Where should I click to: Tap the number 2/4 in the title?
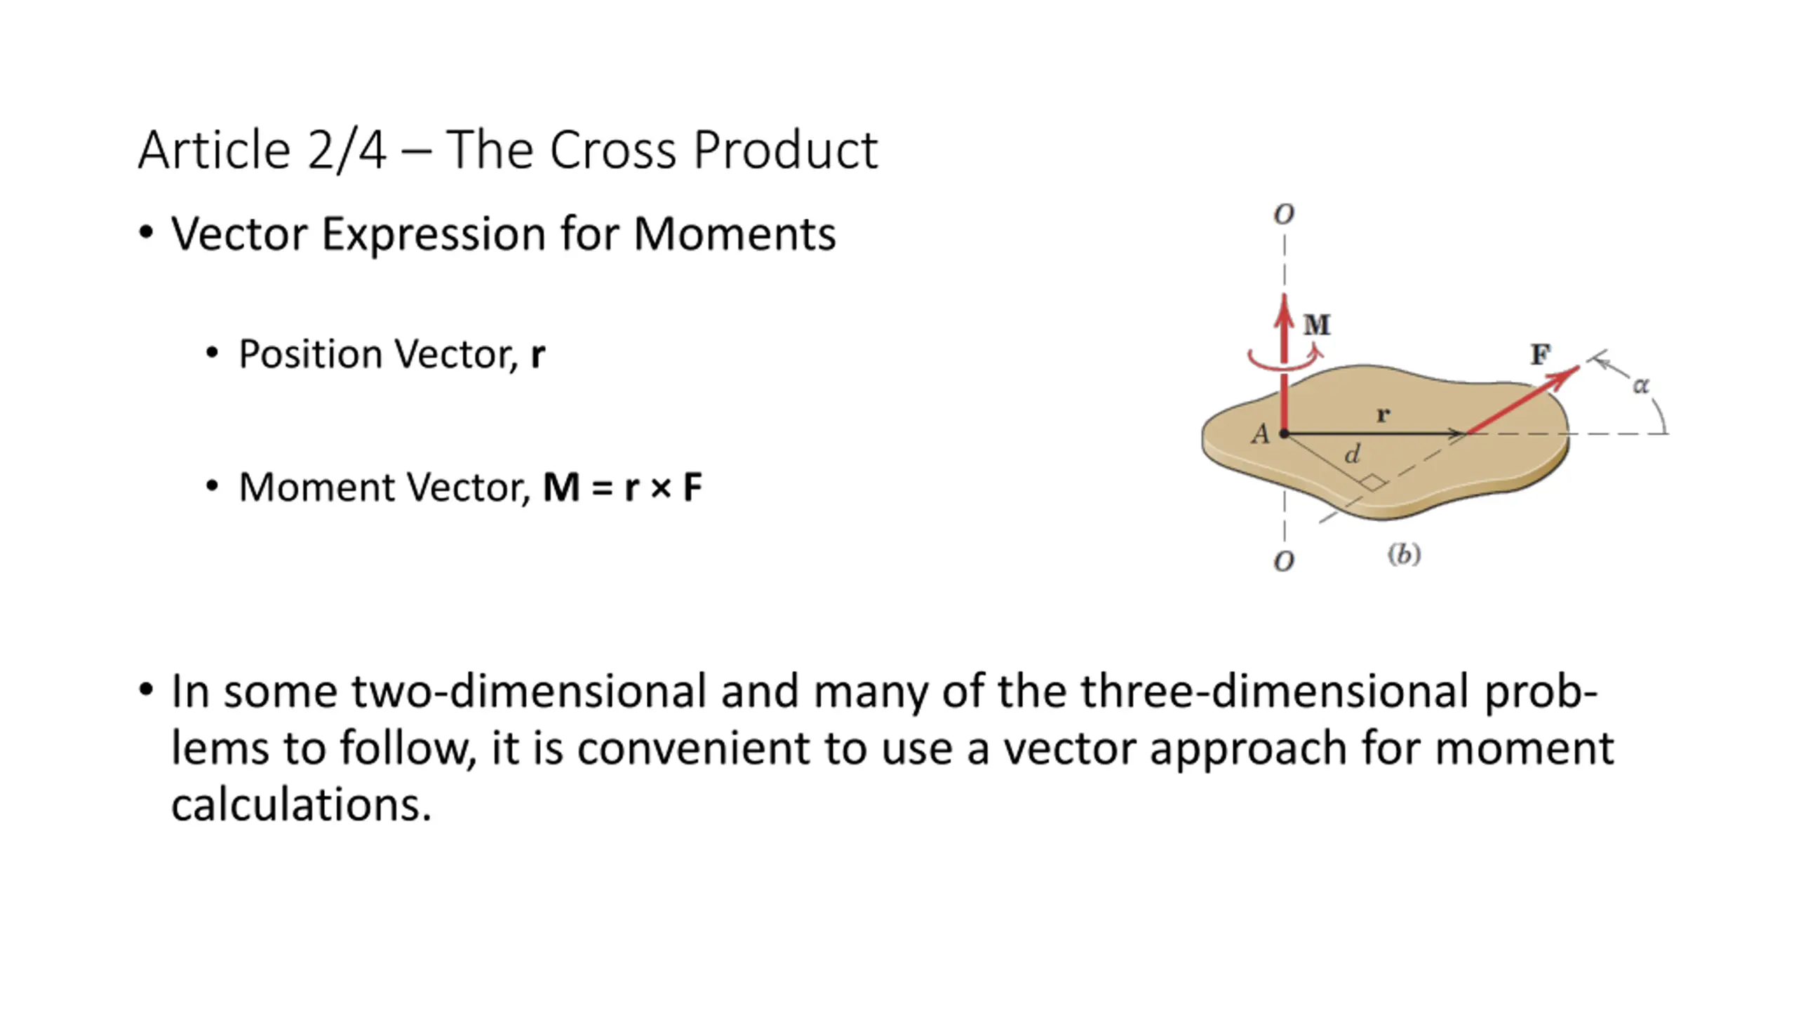coord(347,150)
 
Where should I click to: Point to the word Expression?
coord(433,235)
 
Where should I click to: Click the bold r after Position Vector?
coord(537,355)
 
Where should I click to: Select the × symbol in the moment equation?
coord(661,488)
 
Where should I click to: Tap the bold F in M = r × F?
coord(692,487)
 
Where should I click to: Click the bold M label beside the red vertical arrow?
coord(1316,325)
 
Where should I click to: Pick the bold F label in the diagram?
coord(1541,354)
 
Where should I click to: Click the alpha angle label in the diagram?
coord(1640,385)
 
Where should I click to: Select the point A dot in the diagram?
coord(1284,433)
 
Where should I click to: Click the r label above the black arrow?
coord(1383,415)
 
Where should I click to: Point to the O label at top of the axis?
coord(1284,214)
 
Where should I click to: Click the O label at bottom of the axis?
coord(1284,561)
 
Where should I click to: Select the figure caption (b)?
coord(1404,555)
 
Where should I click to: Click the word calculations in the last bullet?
coord(300,804)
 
